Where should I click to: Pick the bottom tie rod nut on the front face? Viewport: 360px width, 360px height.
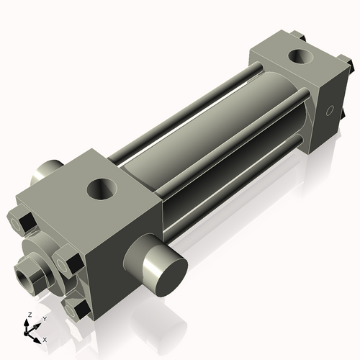click(76, 309)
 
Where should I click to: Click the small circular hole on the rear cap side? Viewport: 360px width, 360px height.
click(330, 110)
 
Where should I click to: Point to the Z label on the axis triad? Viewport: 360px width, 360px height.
click(27, 315)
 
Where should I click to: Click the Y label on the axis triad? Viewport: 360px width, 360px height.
click(44, 318)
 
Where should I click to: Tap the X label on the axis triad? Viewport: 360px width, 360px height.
click(45, 338)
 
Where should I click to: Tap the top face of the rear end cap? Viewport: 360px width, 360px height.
click(288, 61)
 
